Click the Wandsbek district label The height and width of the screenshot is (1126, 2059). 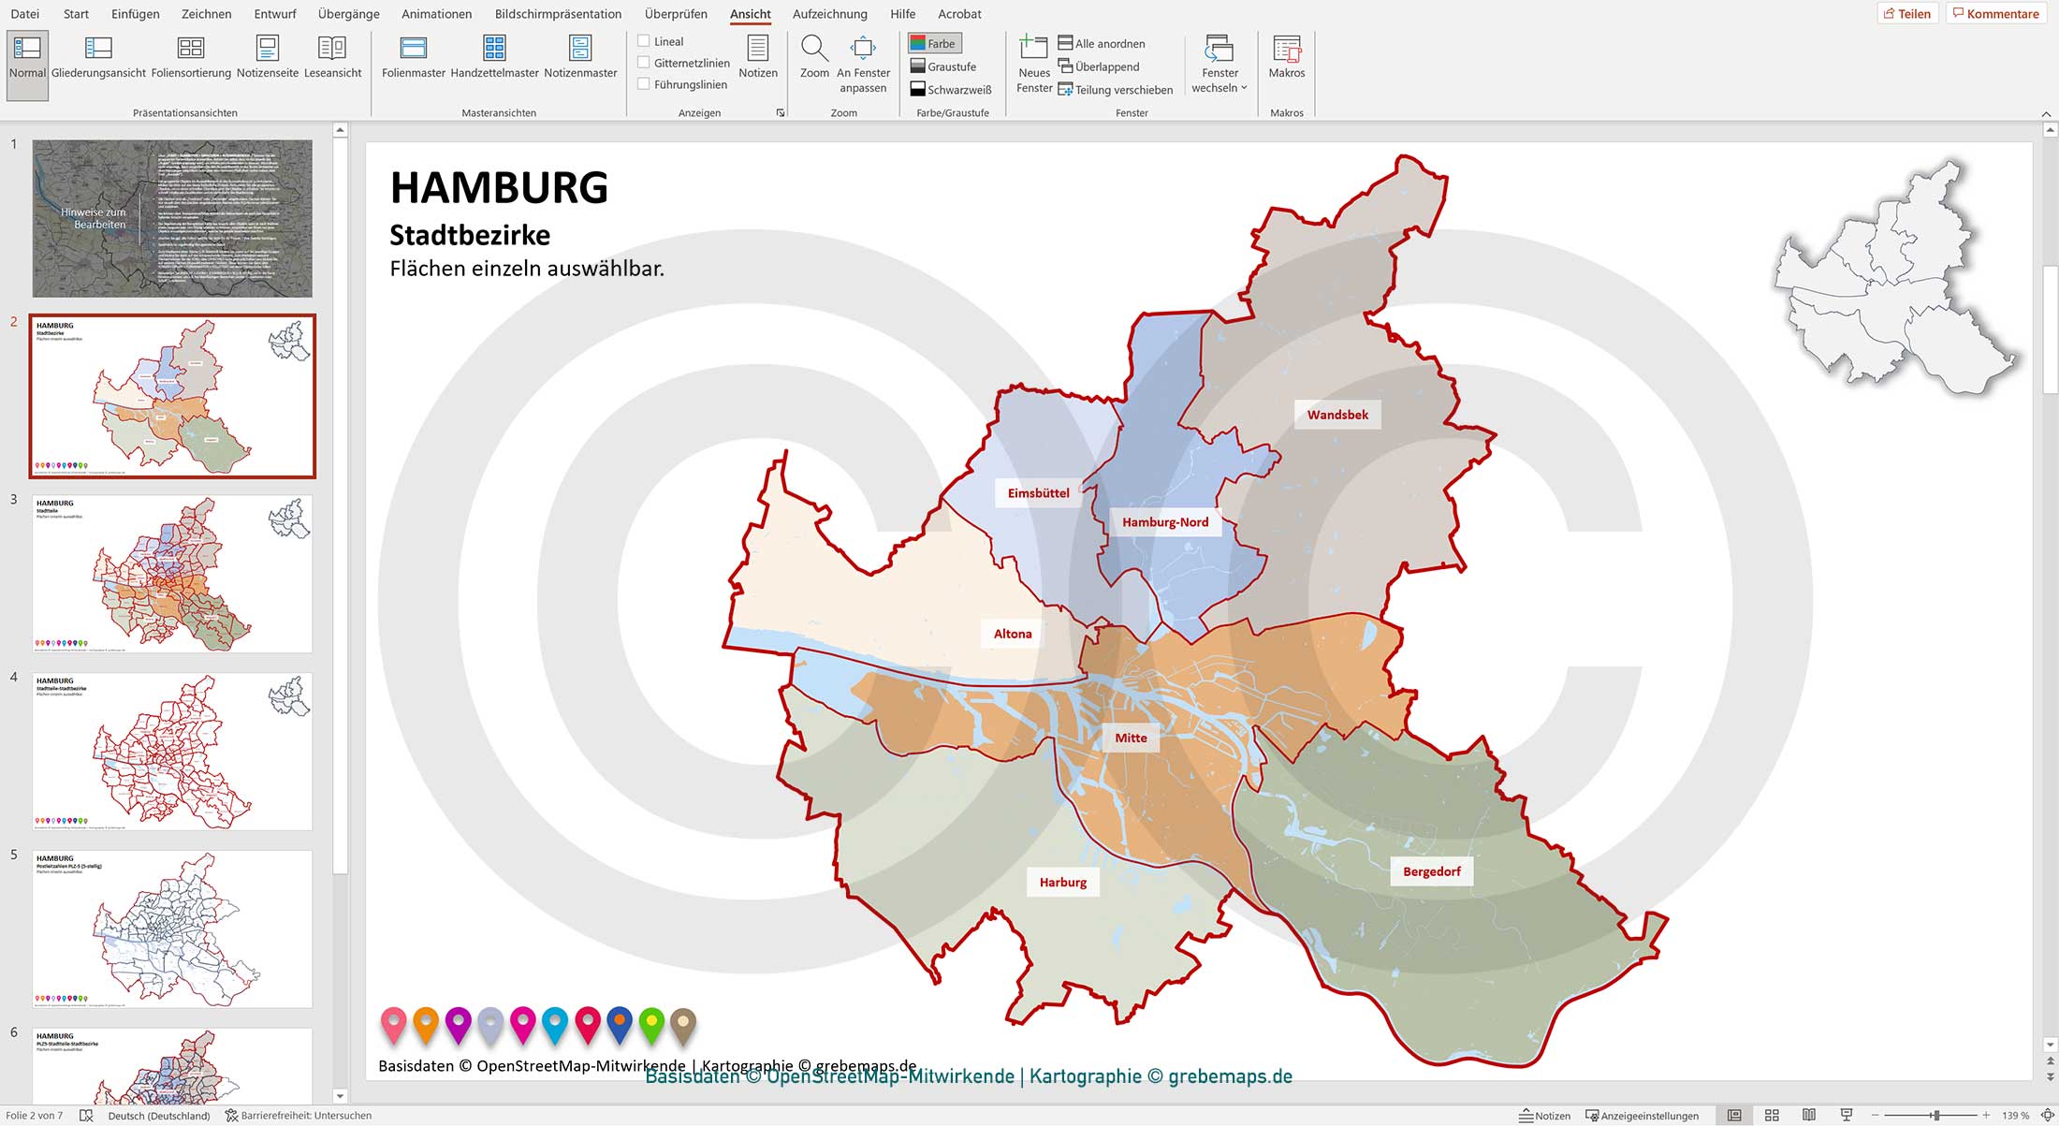click(1337, 415)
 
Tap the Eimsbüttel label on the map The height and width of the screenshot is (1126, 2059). click(1038, 493)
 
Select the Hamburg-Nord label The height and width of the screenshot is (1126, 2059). click(1164, 522)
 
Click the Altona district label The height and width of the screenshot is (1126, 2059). click(1012, 634)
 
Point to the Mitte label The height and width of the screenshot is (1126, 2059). click(1131, 738)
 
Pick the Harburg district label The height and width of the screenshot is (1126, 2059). click(1062, 882)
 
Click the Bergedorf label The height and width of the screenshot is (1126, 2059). click(1431, 871)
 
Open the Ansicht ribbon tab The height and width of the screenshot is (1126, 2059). click(751, 14)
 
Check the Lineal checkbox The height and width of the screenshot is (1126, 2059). click(644, 41)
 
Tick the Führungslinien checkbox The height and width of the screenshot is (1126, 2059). click(644, 84)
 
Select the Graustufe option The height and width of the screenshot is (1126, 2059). click(942, 66)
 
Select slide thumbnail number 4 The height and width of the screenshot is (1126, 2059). click(172, 751)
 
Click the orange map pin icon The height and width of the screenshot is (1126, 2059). click(426, 1024)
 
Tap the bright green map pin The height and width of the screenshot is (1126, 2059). click(651, 1024)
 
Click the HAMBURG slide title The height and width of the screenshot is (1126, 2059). click(499, 187)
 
